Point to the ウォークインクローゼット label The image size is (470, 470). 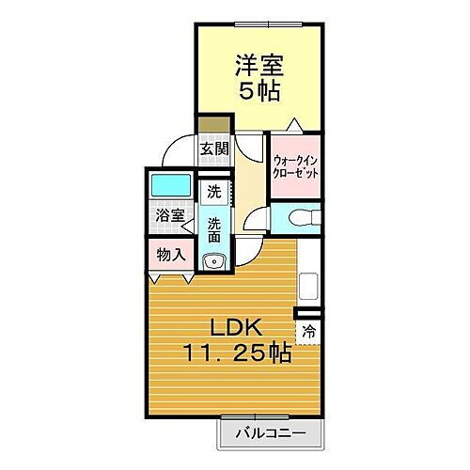point(296,165)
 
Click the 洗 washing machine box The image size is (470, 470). point(214,191)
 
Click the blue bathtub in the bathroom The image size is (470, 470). point(169,185)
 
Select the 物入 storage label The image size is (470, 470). point(170,254)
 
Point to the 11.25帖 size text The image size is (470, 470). point(237,355)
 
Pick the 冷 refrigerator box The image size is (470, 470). point(308,330)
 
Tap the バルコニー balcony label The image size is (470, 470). point(271,433)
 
